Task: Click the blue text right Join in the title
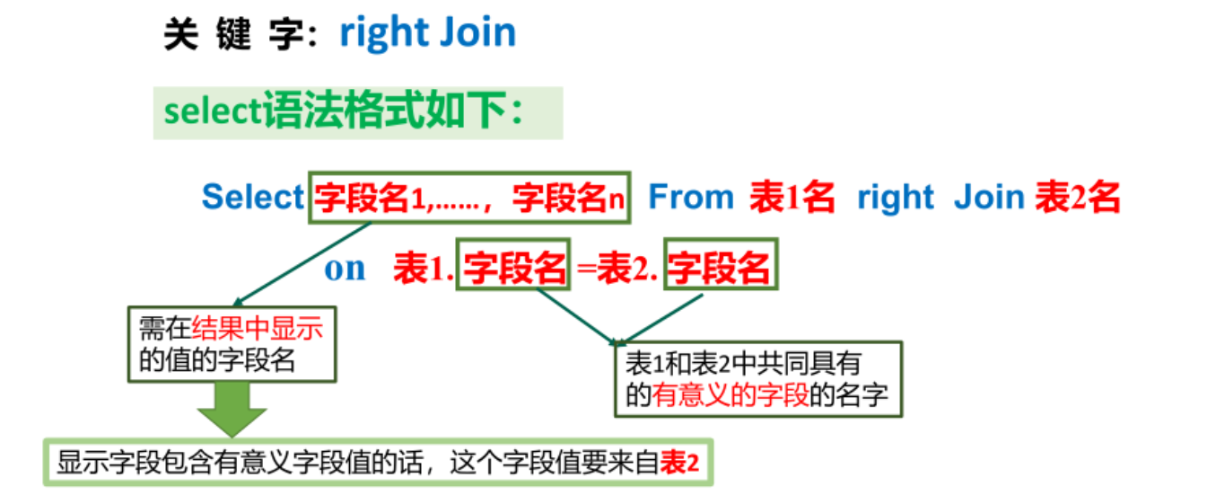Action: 427,33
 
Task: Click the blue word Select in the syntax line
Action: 252,197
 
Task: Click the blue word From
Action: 690,197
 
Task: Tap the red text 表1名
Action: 792,197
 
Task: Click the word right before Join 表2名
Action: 895,197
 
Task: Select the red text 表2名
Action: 1077,197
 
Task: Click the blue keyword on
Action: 345,268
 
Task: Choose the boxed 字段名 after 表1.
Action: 514,267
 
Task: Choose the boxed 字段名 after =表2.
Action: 721,267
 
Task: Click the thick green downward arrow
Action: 232,411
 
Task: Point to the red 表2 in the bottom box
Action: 678,463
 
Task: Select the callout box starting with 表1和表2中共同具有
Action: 757,378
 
